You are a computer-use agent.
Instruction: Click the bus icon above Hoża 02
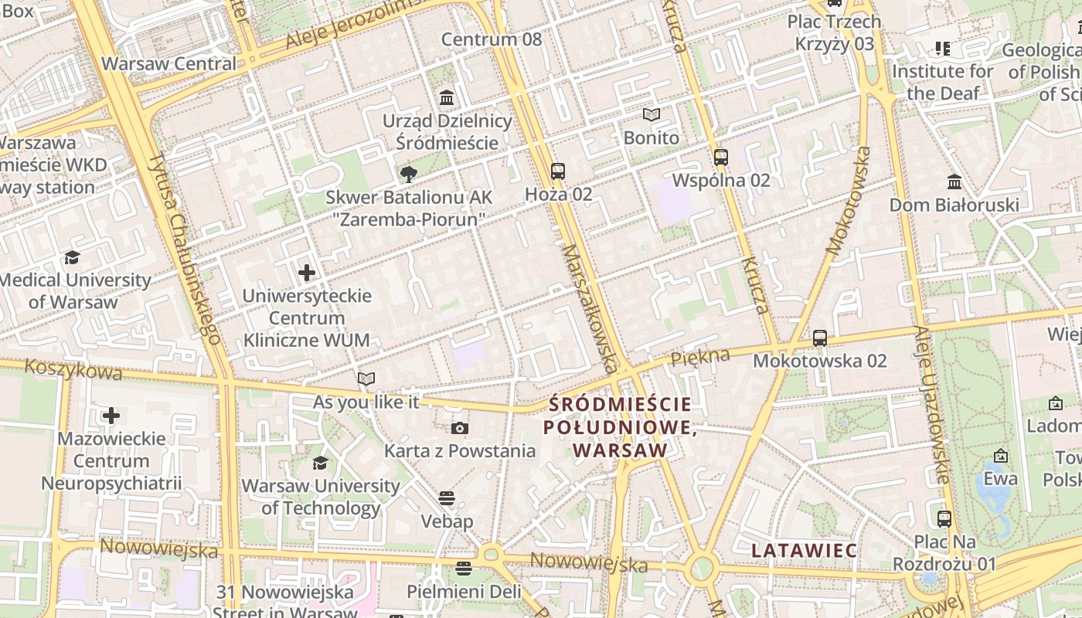558,171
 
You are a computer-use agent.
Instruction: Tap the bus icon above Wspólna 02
721,157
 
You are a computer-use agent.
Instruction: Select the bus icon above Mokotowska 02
820,338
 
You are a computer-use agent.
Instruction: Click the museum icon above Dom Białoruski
954,182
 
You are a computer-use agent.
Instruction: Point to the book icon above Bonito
652,115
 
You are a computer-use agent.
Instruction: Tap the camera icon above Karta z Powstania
460,428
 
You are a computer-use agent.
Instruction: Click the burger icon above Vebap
447,498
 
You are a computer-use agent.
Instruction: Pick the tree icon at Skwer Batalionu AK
408,175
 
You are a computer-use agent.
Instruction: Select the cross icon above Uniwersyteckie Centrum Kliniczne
307,273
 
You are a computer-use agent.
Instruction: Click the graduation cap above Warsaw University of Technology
320,463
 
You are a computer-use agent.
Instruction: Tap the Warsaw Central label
168,63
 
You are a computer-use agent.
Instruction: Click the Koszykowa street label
73,369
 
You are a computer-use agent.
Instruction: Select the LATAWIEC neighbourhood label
804,551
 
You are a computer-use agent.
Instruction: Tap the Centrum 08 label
492,39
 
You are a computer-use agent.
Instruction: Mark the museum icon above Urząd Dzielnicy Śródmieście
447,98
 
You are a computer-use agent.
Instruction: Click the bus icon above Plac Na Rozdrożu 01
944,518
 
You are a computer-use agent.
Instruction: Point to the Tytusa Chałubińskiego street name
185,247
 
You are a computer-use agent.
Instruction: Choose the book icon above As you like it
366,379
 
